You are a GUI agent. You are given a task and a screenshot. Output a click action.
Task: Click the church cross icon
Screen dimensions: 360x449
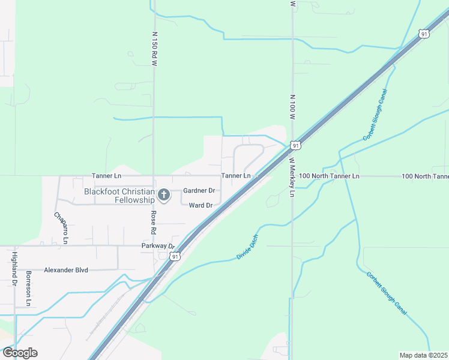(x=163, y=194)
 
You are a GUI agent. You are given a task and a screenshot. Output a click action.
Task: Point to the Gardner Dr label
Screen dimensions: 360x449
(x=199, y=191)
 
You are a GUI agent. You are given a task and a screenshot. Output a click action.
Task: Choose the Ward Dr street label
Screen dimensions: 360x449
(x=200, y=205)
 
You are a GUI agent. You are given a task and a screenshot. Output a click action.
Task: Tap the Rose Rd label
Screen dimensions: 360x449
(x=154, y=222)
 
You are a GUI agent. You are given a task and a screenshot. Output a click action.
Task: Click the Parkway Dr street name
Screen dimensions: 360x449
(x=158, y=246)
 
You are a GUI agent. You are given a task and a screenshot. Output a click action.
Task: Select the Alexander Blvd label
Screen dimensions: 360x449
(x=66, y=270)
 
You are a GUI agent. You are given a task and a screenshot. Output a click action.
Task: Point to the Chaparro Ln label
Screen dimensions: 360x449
(x=61, y=227)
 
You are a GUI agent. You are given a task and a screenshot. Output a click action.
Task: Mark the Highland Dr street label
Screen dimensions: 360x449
(x=14, y=268)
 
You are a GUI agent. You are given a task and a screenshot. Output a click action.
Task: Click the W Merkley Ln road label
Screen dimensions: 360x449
(x=292, y=178)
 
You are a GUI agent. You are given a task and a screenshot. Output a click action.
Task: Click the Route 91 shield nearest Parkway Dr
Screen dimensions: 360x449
(x=175, y=256)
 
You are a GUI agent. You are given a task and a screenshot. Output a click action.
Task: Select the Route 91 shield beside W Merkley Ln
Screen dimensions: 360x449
(x=295, y=145)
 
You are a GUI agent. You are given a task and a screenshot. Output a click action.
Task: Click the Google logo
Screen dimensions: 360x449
(x=20, y=353)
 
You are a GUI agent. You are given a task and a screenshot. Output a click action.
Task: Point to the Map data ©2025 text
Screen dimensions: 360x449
(x=423, y=355)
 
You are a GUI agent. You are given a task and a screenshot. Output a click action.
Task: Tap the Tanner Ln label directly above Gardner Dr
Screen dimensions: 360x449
(x=235, y=176)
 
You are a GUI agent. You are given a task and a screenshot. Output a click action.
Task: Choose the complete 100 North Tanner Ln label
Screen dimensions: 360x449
(x=329, y=176)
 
